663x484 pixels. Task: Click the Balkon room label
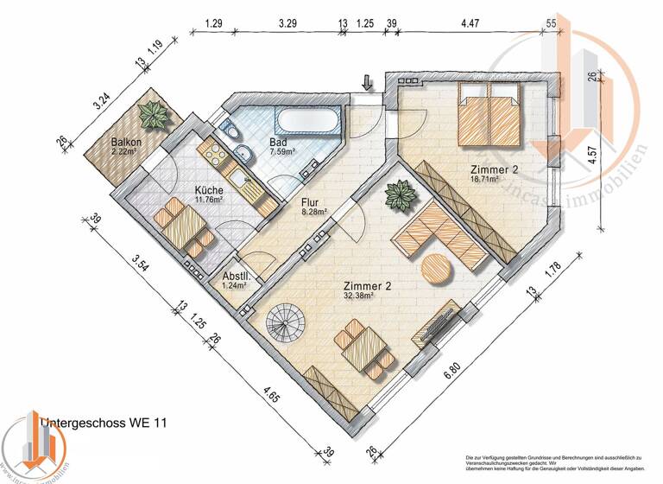tap(126, 143)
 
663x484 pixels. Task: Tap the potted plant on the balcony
tap(155, 114)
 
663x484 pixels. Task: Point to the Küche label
tap(209, 190)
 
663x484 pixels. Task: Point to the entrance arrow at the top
tap(367, 82)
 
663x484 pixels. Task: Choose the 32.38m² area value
tap(357, 296)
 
